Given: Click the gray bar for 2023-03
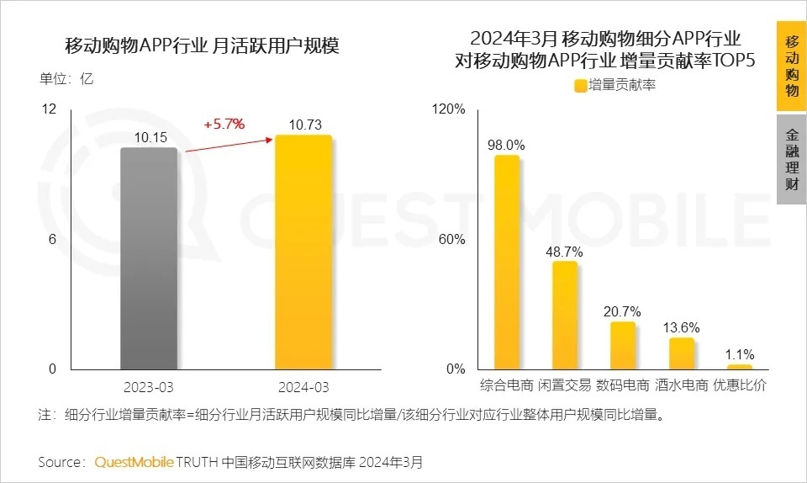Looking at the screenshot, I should point(149,257).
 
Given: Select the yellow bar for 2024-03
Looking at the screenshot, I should point(303,252).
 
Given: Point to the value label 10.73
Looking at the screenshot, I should point(304,125).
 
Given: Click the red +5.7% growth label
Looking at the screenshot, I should point(224,125).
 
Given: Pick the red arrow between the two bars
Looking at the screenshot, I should point(227,144).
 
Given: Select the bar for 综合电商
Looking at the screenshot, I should point(506,262).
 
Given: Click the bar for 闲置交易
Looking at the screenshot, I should point(564,315).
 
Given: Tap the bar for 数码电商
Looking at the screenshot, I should point(622,345).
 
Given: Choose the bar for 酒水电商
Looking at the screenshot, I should point(681,353).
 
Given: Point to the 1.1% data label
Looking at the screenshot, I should point(740,353).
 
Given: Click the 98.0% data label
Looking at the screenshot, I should point(506,145).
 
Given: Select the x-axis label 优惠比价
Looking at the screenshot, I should point(740,385).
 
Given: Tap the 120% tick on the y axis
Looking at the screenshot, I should point(447,109).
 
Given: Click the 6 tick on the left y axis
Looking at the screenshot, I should point(51,239).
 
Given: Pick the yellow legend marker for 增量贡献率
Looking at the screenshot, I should point(580,85).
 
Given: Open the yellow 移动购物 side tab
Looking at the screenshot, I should point(792,66).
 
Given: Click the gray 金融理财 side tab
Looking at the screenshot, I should point(792,159).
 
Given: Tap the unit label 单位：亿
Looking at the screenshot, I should point(66,80).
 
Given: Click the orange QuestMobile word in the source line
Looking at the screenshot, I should point(134,462).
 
